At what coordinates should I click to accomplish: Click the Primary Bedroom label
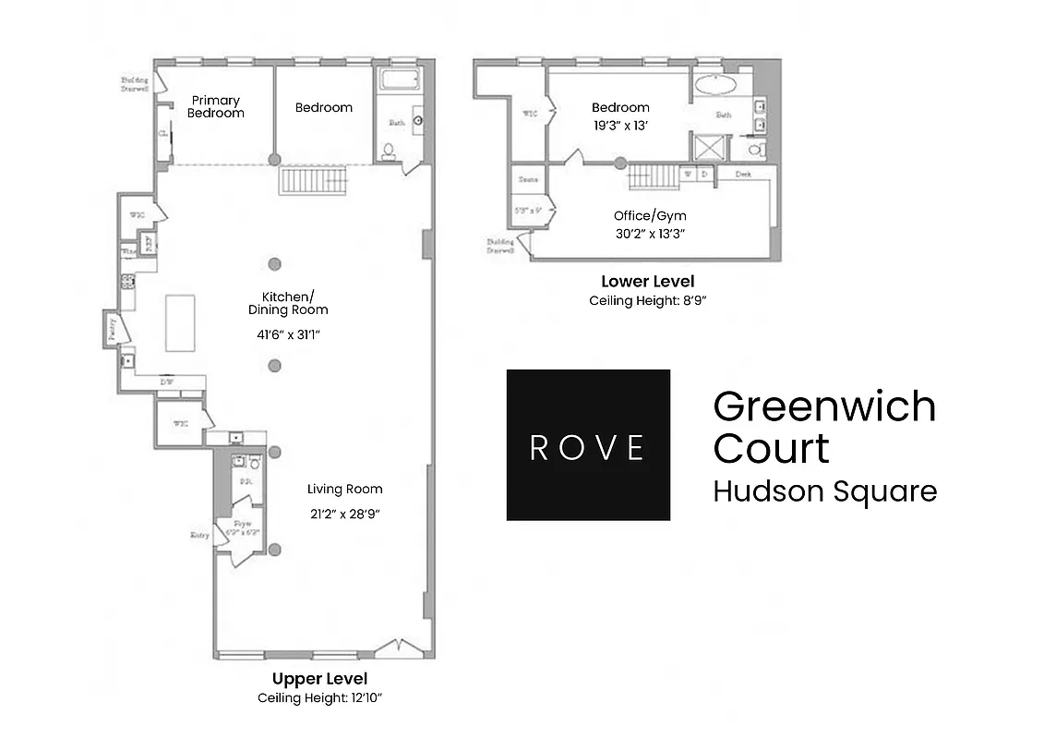click(215, 106)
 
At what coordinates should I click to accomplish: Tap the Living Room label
click(344, 489)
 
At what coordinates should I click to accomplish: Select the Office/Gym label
click(650, 216)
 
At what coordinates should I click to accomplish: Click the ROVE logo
click(588, 445)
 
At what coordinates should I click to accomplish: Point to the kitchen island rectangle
click(180, 322)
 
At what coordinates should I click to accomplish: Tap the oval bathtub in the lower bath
click(714, 86)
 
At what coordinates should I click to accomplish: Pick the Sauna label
click(529, 179)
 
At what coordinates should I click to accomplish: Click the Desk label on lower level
click(742, 174)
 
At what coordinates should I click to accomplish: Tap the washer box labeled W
click(688, 174)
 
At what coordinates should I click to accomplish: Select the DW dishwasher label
click(167, 381)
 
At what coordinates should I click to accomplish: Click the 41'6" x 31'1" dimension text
click(288, 335)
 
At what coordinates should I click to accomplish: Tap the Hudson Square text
click(824, 491)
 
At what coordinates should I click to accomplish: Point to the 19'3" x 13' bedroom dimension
click(620, 127)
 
